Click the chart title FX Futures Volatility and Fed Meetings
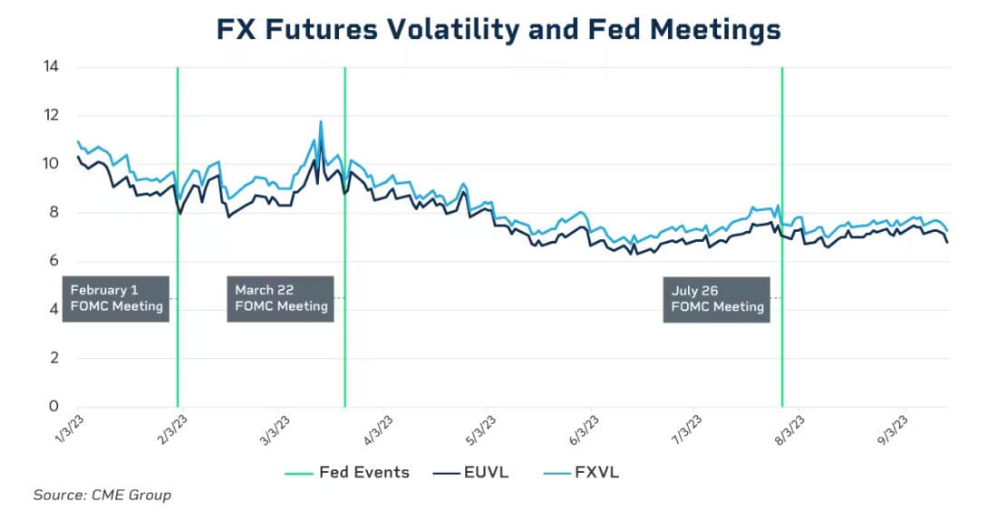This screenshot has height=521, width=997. (498, 29)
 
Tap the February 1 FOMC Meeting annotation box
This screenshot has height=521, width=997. (116, 298)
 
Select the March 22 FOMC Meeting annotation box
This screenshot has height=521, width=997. (280, 298)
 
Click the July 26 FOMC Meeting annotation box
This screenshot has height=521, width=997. (717, 298)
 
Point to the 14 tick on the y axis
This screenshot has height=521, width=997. (52, 67)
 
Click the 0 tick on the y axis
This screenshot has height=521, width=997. (54, 407)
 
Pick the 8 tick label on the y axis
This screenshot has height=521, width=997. (54, 213)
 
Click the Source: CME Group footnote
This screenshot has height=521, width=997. (102, 495)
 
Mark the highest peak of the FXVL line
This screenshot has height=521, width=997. (321, 121)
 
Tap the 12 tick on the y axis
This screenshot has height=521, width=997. (52, 116)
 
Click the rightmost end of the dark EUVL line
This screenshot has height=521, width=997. (948, 242)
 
